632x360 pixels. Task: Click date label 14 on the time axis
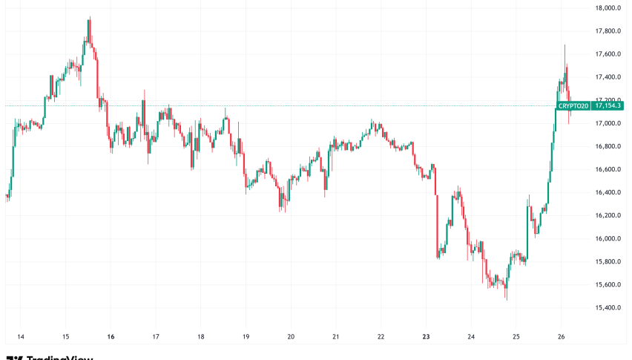[21, 335]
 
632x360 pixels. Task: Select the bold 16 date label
[111, 335]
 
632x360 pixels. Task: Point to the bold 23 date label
[426, 335]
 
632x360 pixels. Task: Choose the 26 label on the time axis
[561, 335]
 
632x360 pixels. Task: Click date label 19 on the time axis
[246, 335]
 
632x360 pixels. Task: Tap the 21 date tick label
[335, 335]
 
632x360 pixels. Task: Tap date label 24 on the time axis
[471, 335]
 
